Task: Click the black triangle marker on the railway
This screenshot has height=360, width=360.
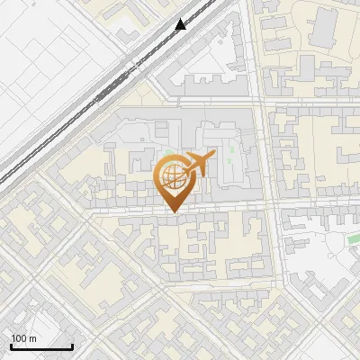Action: (x=181, y=24)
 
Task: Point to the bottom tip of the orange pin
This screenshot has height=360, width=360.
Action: (x=171, y=211)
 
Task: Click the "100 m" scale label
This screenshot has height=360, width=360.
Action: (x=23, y=338)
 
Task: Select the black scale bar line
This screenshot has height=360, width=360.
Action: (x=41, y=346)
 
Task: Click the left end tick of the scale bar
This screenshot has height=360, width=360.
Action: (x=11, y=345)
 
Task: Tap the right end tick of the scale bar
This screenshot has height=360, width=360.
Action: (x=72, y=345)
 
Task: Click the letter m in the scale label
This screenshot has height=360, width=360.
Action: (x=32, y=338)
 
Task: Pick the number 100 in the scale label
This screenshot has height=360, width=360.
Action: (x=19, y=338)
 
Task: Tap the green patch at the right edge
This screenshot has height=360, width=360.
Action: (x=353, y=240)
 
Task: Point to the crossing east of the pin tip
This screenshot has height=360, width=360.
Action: (x=271, y=210)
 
